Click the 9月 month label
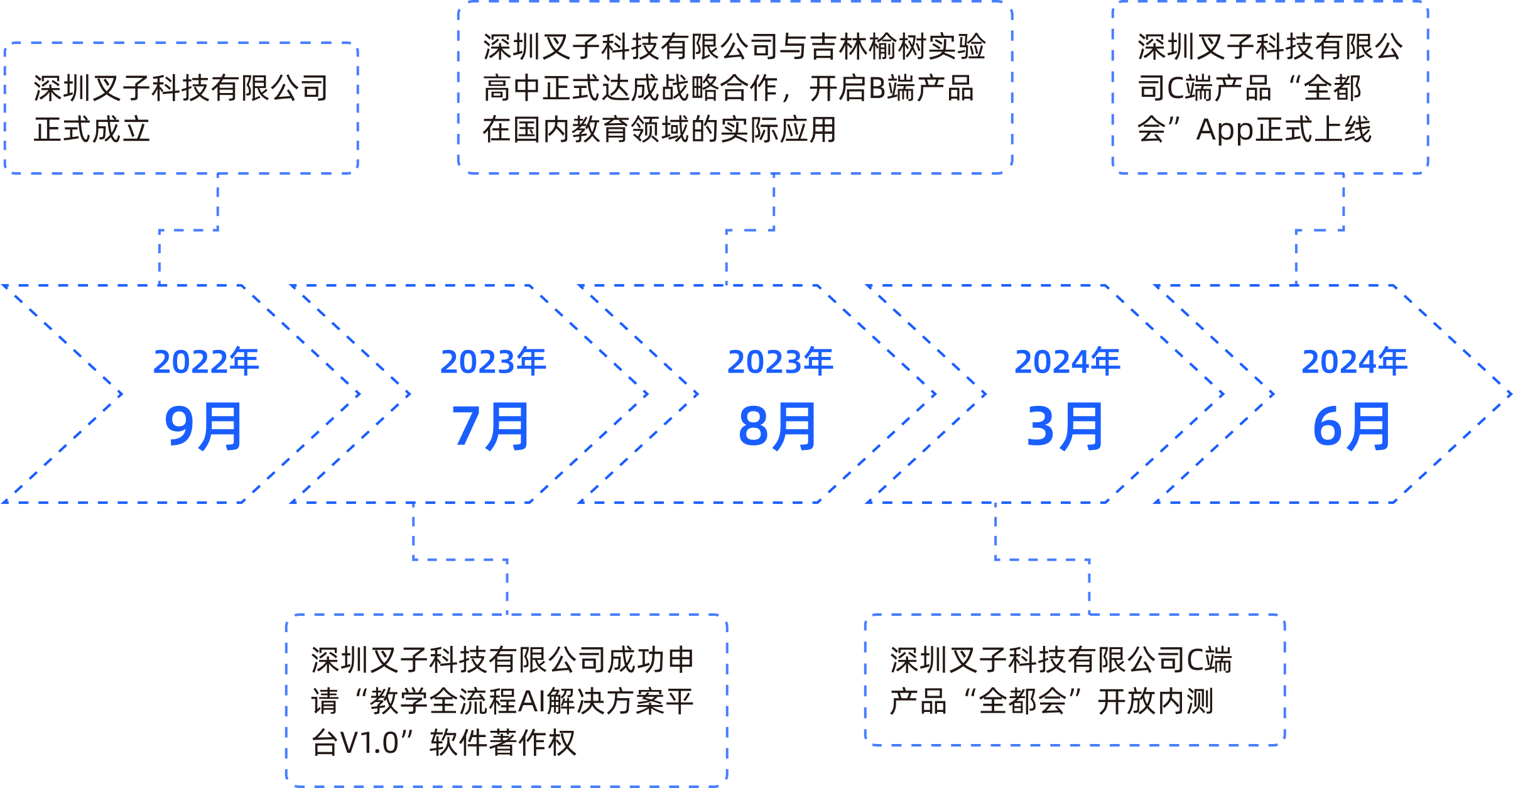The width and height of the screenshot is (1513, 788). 203,427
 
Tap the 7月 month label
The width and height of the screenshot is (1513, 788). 491,427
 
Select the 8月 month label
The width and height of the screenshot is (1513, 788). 778,427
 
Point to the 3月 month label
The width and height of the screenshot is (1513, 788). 1065,427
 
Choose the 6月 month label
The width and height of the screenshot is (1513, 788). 1352,427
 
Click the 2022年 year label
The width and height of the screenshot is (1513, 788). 206,362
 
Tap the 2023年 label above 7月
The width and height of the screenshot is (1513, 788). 493,362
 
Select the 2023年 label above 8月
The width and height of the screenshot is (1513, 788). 780,362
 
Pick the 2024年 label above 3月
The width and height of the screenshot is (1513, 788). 1067,362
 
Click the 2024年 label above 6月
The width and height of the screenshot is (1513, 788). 1354,362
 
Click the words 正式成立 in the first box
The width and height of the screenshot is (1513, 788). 92,130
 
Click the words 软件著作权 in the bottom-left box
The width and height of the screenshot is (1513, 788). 502,743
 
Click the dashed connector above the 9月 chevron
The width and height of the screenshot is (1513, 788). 188,230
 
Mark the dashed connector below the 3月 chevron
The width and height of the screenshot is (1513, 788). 1043,559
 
